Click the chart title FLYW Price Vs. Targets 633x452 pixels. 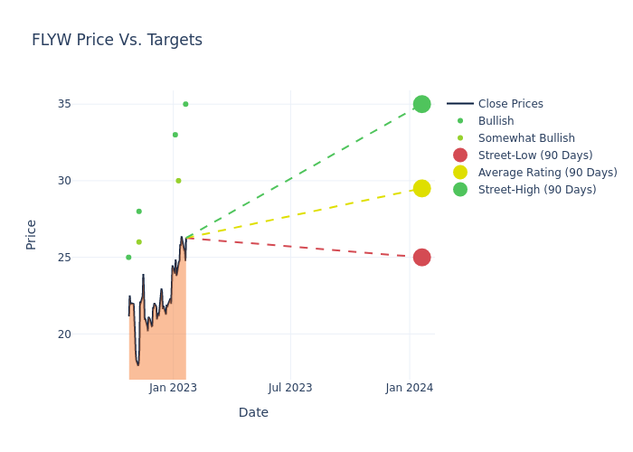tap(117, 41)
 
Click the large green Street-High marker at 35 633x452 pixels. tap(421, 104)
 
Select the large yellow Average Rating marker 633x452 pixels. tap(421, 188)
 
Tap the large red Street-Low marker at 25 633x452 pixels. tap(421, 258)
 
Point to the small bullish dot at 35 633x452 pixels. tap(185, 104)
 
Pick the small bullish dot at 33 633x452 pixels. tap(175, 135)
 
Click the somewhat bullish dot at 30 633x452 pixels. tap(178, 181)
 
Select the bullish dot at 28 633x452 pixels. tap(138, 212)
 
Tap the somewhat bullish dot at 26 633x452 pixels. tap(138, 242)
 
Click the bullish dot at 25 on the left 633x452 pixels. tap(128, 258)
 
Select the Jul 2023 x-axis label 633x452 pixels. tap(290, 388)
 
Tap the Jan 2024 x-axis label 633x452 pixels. tap(410, 388)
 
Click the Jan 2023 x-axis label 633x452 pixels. tap(174, 388)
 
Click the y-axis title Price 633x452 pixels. tap(32, 234)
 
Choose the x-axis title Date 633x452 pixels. tap(253, 413)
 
